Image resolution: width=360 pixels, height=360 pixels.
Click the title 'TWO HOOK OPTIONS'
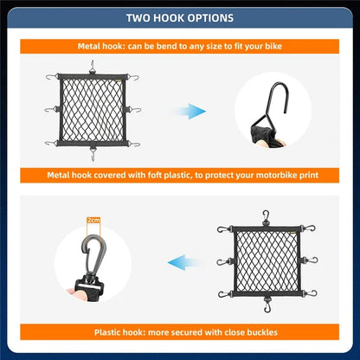point(179,17)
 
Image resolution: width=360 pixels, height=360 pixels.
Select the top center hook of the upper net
point(93,67)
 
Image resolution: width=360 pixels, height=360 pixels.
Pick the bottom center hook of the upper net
point(93,156)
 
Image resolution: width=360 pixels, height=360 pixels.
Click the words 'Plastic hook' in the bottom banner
point(119,331)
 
